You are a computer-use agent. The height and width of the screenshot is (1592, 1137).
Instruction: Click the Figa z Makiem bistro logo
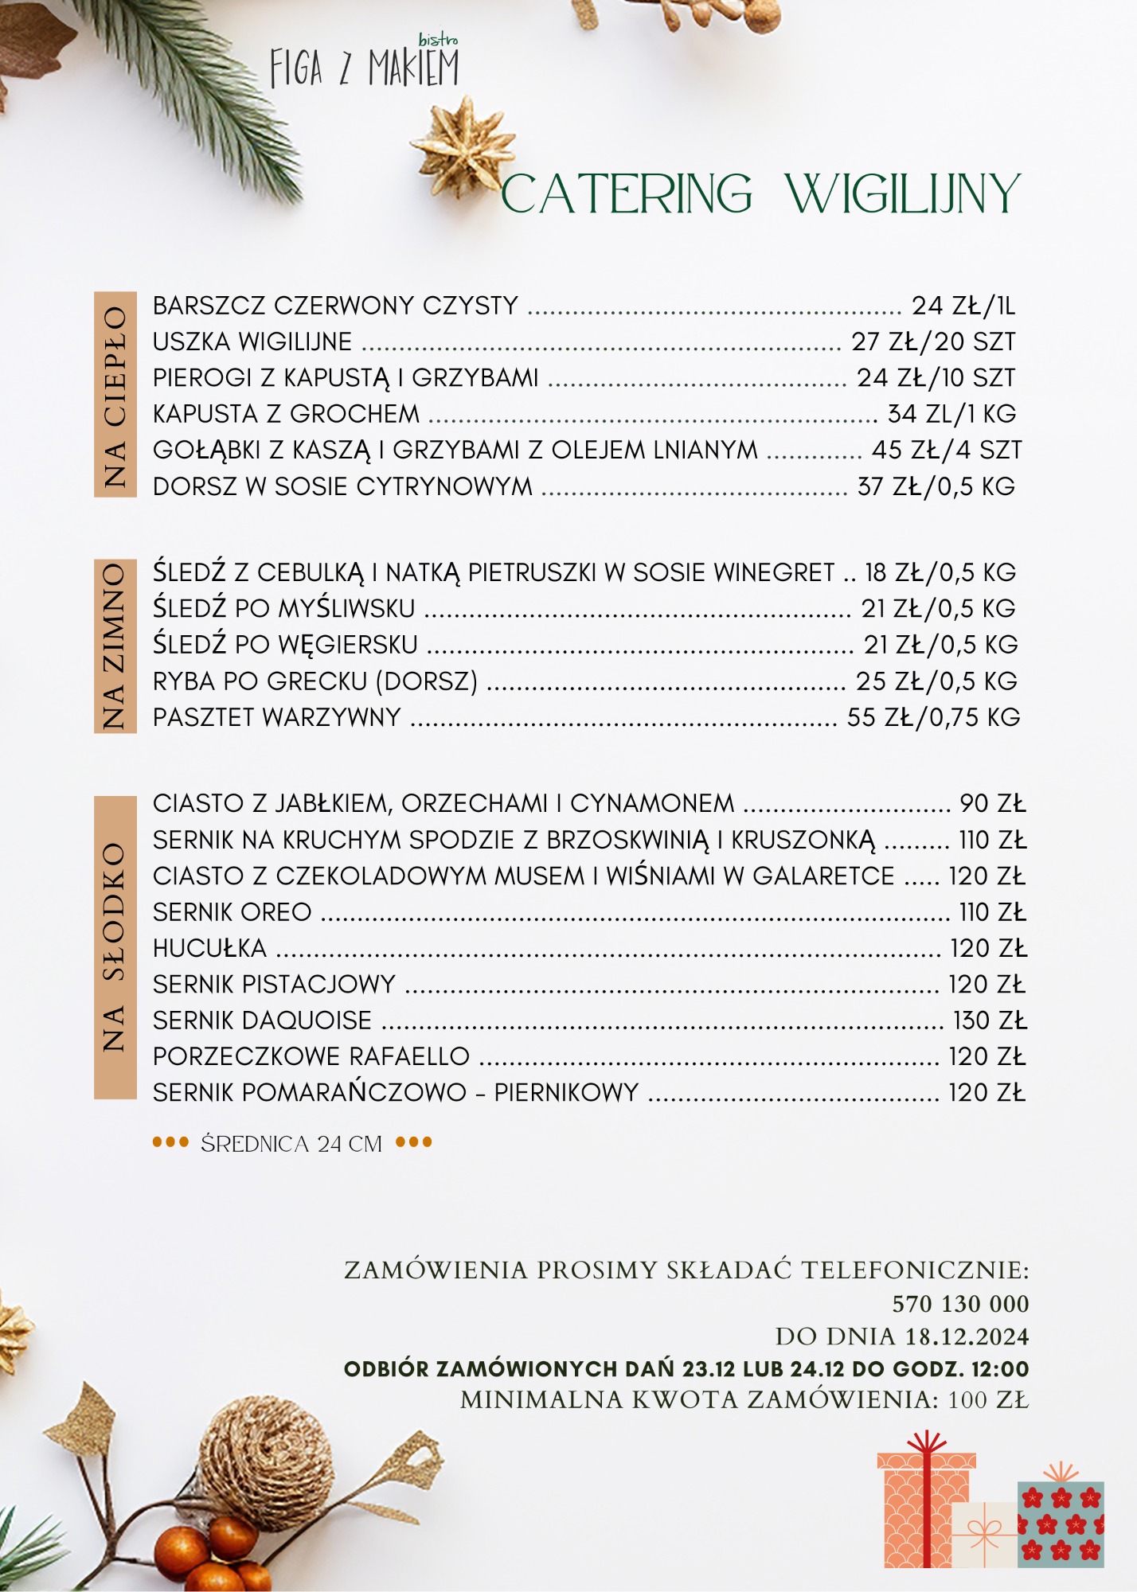(x=364, y=65)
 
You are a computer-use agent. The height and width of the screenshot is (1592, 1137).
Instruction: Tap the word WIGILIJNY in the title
(x=902, y=193)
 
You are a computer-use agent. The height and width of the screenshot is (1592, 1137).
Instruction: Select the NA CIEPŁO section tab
(x=115, y=395)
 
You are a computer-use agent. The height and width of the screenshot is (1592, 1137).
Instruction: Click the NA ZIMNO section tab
(x=115, y=646)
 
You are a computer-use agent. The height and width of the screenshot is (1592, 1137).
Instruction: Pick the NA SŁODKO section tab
(x=115, y=947)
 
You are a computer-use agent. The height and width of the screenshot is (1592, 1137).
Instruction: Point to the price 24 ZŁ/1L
(x=963, y=306)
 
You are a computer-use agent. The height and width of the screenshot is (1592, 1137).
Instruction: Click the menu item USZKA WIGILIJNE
(x=252, y=341)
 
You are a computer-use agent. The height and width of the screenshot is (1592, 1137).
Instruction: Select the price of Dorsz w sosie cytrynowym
(x=936, y=486)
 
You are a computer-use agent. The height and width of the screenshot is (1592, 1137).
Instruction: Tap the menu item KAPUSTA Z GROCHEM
(x=286, y=414)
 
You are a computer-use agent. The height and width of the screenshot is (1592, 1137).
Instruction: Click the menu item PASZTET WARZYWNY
(x=277, y=717)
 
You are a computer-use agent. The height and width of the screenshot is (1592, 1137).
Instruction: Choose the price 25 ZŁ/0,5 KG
(x=937, y=681)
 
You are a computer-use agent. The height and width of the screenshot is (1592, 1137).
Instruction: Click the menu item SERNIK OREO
(x=232, y=912)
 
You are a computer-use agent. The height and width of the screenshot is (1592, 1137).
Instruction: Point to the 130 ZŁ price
(x=990, y=1020)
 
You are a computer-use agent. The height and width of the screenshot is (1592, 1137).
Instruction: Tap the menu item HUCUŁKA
(x=209, y=948)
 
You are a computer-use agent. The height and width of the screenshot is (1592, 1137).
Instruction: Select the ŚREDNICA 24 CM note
(x=291, y=1144)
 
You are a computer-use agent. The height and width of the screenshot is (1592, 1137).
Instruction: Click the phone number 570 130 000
(x=960, y=1304)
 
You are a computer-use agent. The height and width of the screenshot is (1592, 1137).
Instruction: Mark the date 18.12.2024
(x=967, y=1336)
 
